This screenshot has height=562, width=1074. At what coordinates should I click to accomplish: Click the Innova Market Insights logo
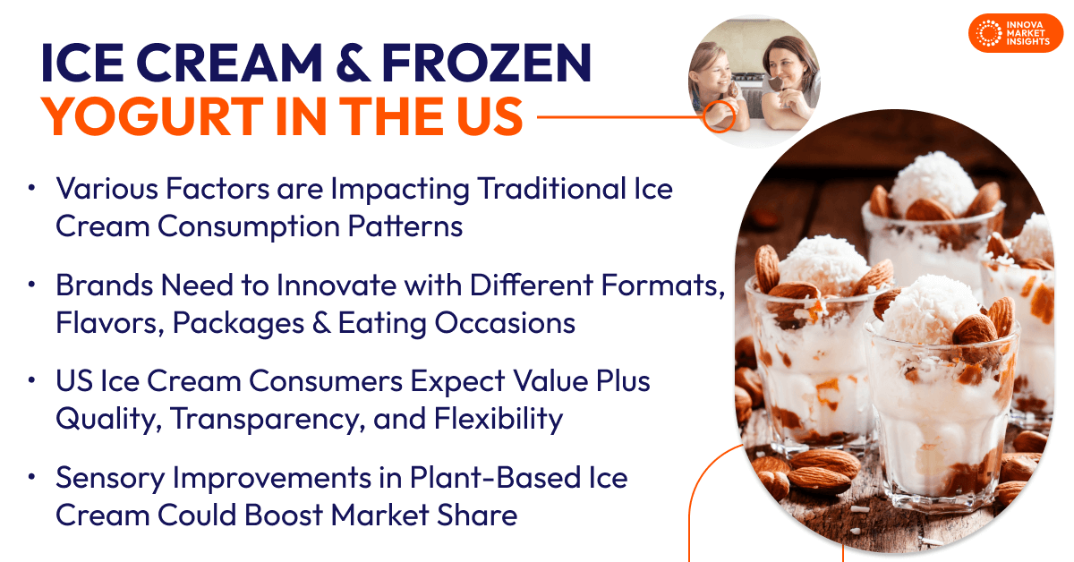point(1016,33)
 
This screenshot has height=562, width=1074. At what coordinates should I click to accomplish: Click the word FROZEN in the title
point(486,63)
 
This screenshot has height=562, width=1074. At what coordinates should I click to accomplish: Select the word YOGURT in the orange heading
point(152,116)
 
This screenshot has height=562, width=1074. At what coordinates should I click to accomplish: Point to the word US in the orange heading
point(490,116)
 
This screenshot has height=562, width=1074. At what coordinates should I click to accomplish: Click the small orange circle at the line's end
point(719,116)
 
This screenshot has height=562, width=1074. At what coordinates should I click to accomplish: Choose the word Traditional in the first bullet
point(552,189)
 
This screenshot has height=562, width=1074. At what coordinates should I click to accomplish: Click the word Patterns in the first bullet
point(405,226)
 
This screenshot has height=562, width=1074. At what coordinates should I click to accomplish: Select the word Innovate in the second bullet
point(337,285)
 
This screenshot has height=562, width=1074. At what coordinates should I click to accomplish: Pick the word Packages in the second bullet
point(238,323)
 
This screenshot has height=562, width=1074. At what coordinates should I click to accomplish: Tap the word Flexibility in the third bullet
point(499,419)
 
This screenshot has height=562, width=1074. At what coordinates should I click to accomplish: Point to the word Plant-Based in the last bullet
point(495,478)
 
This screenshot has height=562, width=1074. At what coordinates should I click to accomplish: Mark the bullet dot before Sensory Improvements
point(31,477)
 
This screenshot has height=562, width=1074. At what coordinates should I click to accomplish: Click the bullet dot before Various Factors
point(31,188)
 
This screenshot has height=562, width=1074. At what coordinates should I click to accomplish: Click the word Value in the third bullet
point(550,381)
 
